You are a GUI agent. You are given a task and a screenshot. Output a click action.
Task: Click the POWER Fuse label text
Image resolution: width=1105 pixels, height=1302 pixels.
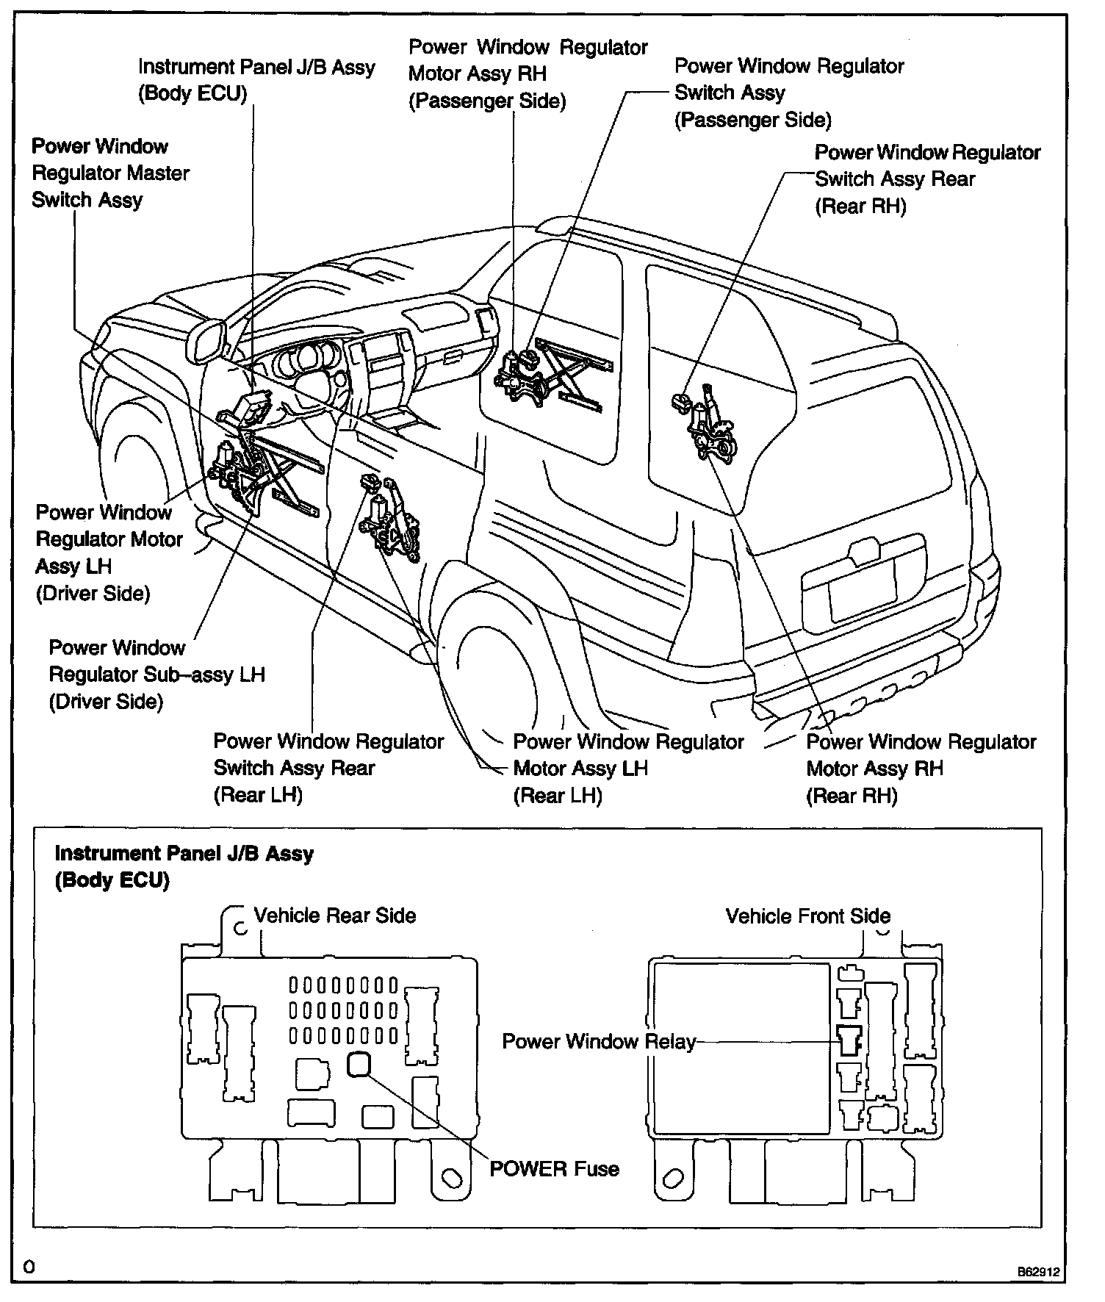click(x=554, y=1169)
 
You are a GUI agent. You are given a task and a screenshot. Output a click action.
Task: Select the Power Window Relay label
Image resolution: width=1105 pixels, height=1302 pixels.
click(x=598, y=1042)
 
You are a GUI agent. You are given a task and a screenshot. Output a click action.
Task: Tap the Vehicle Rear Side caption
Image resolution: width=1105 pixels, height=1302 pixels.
click(x=335, y=916)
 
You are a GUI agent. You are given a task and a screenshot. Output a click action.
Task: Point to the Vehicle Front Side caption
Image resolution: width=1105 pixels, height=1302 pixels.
click(x=807, y=916)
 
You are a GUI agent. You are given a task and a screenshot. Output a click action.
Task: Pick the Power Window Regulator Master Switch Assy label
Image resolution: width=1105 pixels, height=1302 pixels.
click(x=110, y=173)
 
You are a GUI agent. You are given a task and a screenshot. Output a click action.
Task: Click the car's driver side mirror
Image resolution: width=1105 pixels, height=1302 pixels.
click(x=206, y=341)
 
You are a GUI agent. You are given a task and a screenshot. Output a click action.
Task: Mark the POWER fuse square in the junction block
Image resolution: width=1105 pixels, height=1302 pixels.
click(x=359, y=1064)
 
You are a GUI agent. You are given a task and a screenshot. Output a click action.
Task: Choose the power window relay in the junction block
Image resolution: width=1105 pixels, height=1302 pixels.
click(x=849, y=1040)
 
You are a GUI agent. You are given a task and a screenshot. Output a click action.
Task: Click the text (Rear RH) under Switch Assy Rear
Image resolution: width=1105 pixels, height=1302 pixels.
click(x=860, y=206)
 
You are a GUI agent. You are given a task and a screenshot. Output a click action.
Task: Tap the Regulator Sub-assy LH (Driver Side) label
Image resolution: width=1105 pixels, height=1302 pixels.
click(x=156, y=675)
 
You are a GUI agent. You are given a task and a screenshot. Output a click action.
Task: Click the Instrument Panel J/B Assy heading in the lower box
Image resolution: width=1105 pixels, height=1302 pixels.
click(x=184, y=854)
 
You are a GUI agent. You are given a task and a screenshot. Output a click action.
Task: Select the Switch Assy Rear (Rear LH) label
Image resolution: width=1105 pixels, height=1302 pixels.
click(x=328, y=769)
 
